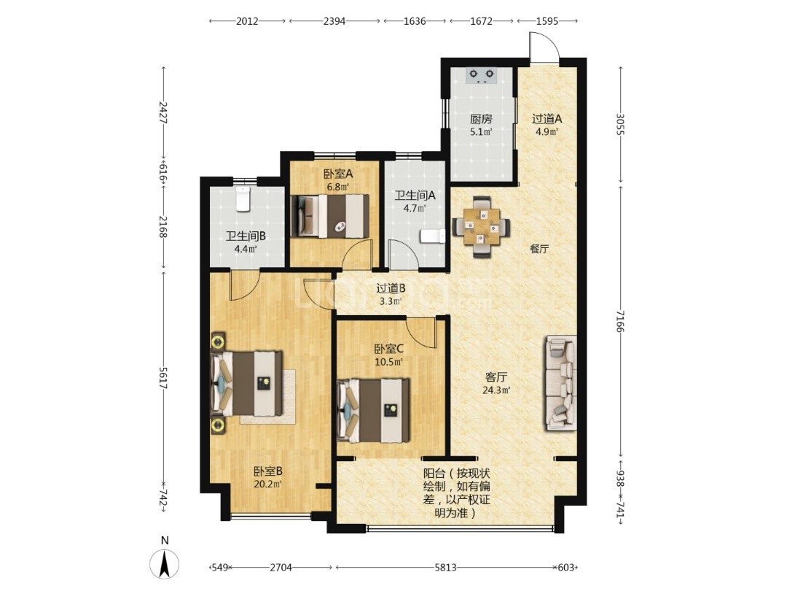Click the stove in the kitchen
(481, 75)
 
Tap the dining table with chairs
(482, 227)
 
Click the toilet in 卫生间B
(243, 198)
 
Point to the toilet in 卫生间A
(432, 236)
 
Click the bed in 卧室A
(330, 215)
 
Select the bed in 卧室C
(373, 411)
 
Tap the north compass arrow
(164, 564)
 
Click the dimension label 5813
(445, 568)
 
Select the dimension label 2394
(334, 21)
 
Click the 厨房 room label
(481, 119)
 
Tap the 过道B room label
(391, 288)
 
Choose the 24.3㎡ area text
(496, 390)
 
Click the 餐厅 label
(539, 249)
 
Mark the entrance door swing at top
(544, 47)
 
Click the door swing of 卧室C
(421, 332)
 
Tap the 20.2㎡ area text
(267, 484)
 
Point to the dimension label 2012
(247, 21)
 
